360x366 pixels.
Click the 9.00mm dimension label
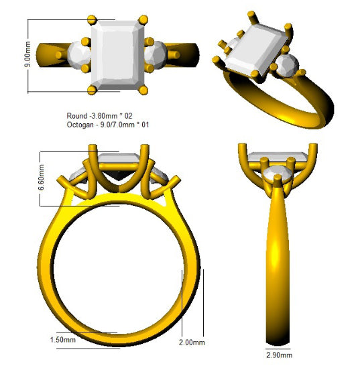27,54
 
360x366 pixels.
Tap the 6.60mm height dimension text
41,178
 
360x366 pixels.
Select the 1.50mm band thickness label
63,340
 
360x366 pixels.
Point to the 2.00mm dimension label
192,343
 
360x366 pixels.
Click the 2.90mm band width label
280,355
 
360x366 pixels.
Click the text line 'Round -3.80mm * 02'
99,116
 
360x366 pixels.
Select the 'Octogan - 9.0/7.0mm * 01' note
108,125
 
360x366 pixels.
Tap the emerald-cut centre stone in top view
117,55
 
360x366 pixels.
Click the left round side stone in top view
79,55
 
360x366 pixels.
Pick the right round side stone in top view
156,55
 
